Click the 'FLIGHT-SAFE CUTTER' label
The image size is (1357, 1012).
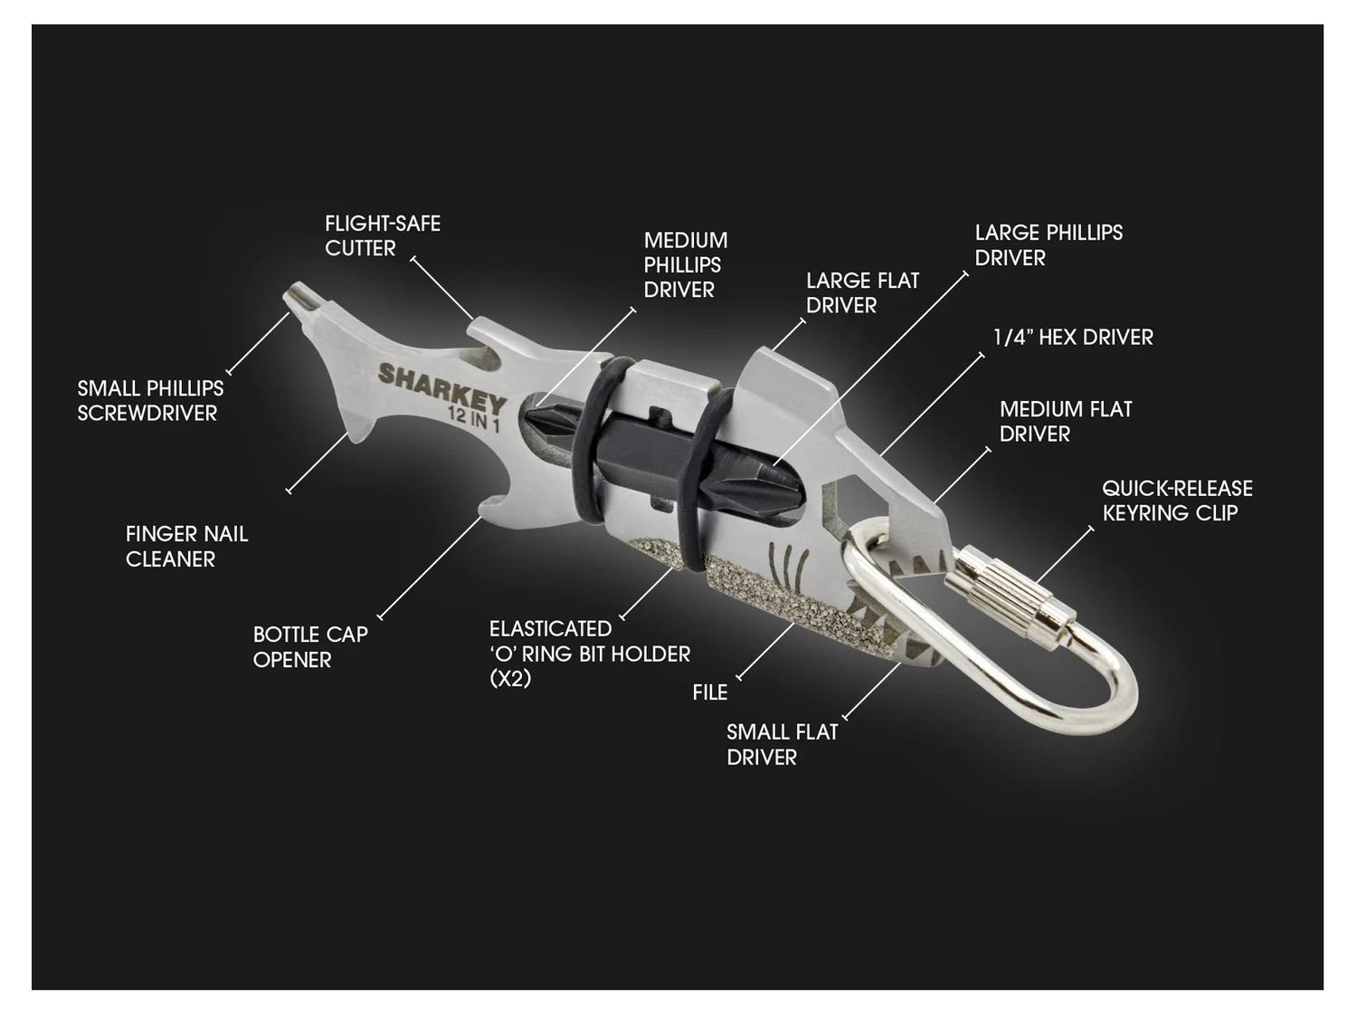[x=383, y=235]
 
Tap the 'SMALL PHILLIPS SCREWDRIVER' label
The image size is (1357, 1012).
[x=150, y=401]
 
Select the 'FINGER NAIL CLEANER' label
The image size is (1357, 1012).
[x=186, y=547]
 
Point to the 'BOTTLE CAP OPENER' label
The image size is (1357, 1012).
[x=310, y=647]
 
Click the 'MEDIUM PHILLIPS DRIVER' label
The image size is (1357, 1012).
[x=686, y=264]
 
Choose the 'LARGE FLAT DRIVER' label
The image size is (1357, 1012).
[x=862, y=293]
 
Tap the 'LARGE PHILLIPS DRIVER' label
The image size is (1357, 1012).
[x=1049, y=245]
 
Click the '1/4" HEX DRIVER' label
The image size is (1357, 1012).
[x=1073, y=337]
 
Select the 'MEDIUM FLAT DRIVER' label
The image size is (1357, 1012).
[x=1066, y=421]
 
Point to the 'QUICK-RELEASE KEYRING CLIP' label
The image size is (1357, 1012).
[x=1177, y=501]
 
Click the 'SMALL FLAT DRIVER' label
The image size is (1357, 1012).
[x=782, y=744]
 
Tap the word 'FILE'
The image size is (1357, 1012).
[x=710, y=692]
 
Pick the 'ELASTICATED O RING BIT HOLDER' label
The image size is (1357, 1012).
[x=590, y=654]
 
